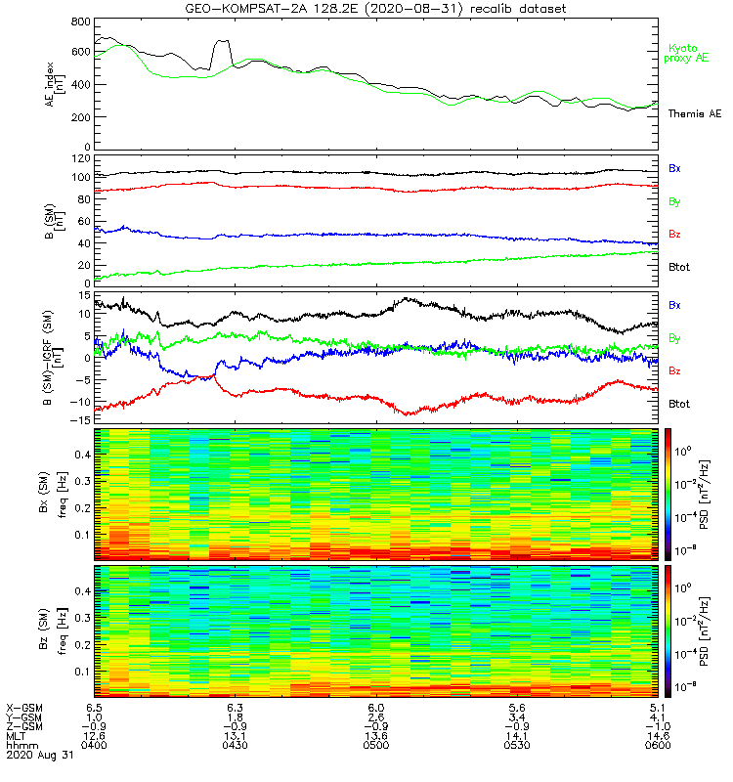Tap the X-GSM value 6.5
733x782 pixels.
(95, 706)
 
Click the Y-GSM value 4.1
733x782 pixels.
(657, 716)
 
